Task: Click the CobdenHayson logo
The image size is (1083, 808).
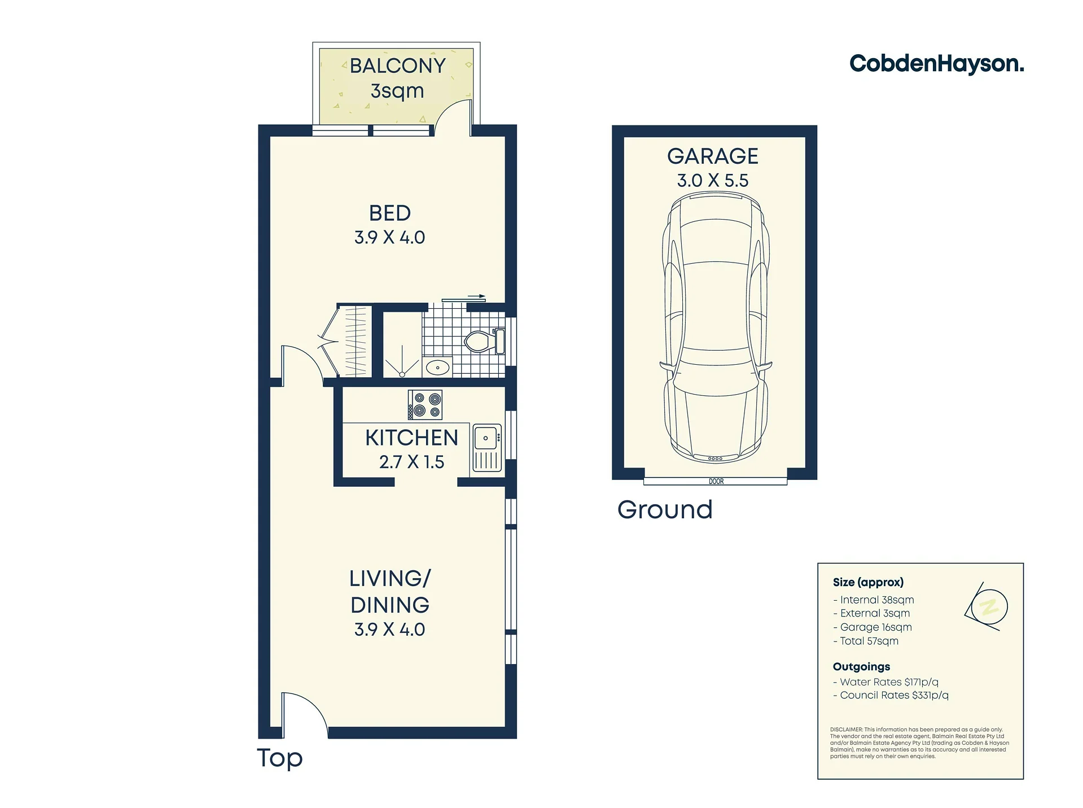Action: (936, 64)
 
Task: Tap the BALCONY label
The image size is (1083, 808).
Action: (397, 66)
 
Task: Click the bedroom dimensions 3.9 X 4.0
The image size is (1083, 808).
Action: (389, 237)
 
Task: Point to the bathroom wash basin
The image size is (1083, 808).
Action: (437, 368)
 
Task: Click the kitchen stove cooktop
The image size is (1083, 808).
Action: (425, 405)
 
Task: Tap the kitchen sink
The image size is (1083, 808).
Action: (486, 448)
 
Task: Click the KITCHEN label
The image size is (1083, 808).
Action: (411, 438)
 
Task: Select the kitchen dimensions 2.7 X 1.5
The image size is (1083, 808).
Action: (411, 462)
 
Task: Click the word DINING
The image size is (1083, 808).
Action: (390, 605)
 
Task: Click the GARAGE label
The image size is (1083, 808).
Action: (713, 156)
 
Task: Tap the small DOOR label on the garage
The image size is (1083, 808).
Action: (716, 482)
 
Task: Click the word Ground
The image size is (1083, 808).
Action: (665, 509)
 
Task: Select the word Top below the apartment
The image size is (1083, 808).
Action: (280, 758)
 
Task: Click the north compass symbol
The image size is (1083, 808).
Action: (986, 606)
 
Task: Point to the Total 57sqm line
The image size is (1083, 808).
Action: (866, 641)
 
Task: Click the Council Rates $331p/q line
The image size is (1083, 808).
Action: (891, 695)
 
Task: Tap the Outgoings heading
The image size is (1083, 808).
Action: (861, 667)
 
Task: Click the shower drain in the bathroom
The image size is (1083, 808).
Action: (402, 374)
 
